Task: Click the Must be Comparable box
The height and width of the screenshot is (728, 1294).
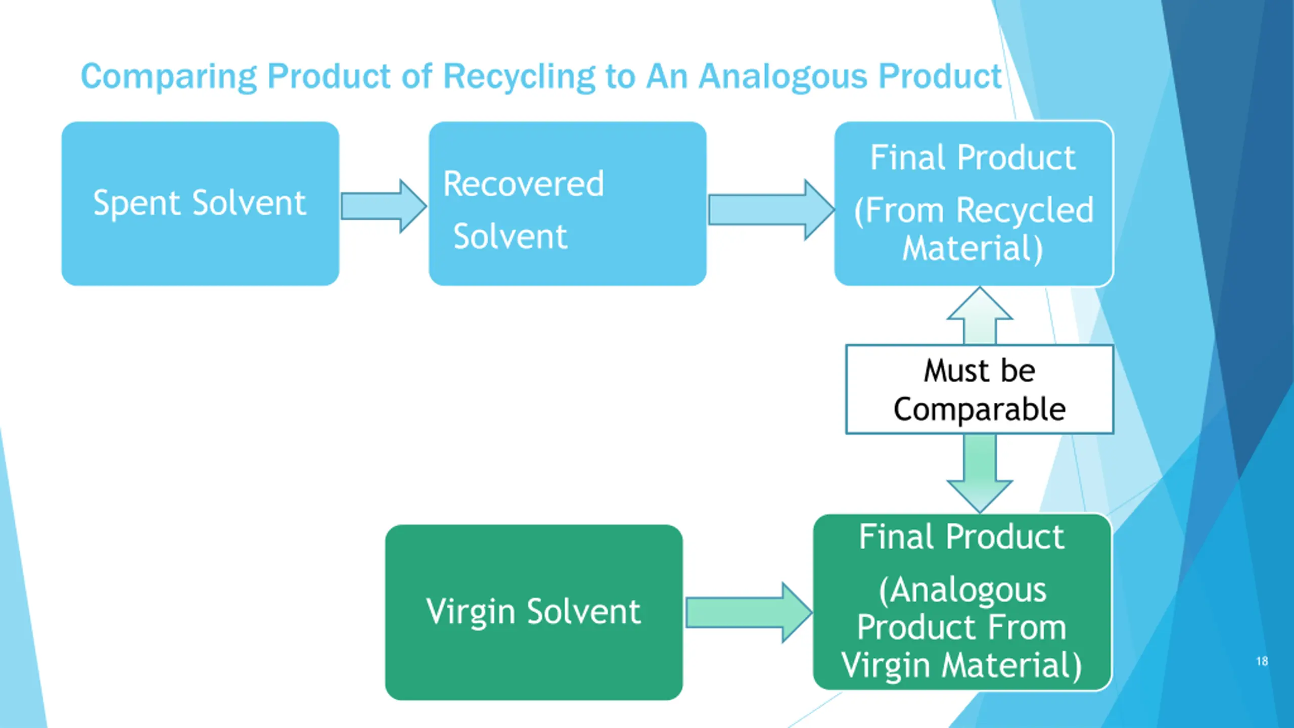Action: click(x=980, y=389)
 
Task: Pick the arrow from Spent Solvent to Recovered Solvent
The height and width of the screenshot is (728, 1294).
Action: click(x=383, y=206)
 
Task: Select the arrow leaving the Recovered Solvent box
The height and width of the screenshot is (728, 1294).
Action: click(x=770, y=210)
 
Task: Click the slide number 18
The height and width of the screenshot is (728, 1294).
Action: click(x=1262, y=661)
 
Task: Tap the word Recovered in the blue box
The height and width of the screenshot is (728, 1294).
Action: click(x=523, y=184)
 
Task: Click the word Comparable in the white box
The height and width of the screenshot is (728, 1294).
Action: click(x=980, y=409)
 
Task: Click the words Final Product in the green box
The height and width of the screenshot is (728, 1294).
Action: click(x=961, y=537)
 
